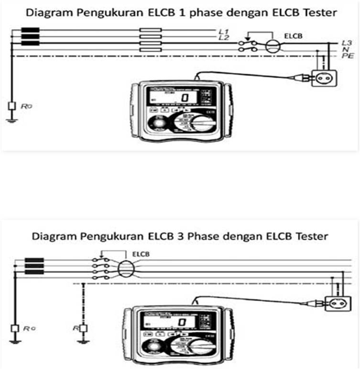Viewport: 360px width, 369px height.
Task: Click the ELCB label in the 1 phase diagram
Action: point(292,35)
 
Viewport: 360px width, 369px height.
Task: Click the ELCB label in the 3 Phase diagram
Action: point(142,254)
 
